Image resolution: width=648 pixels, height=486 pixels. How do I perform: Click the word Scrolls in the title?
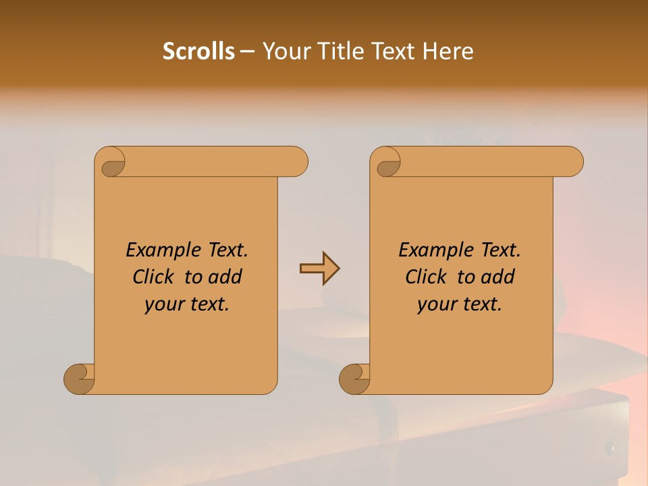tap(198, 51)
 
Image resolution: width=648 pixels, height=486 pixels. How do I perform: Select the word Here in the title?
tap(448, 51)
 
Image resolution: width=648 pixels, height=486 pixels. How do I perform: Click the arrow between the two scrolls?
tap(319, 269)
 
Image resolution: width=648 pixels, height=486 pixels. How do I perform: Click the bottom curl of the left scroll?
tap(80, 379)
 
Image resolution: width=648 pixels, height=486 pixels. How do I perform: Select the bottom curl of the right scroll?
tap(354, 379)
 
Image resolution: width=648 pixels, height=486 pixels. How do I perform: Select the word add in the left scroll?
tap(226, 277)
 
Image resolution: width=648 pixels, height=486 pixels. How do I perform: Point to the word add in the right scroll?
tap(499, 277)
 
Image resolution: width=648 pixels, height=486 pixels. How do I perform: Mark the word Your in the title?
tap(286, 51)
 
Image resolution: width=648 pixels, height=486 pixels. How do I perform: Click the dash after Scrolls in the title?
tap(247, 51)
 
